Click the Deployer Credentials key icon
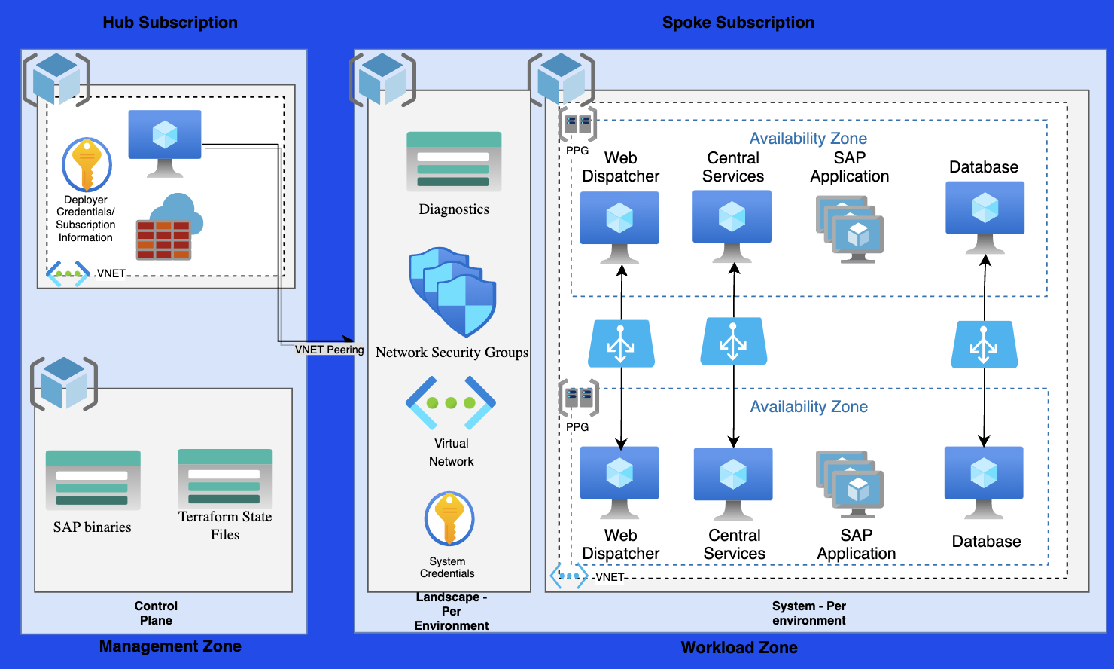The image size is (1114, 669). [87, 164]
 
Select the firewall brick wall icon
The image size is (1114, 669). [163, 240]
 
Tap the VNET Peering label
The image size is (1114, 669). [329, 350]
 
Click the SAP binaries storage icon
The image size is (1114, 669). [93, 481]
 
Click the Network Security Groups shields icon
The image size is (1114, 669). [452, 292]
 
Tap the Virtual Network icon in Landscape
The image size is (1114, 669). [451, 402]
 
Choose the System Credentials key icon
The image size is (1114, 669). [449, 518]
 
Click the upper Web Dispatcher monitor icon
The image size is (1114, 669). [619, 226]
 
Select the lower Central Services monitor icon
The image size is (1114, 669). [733, 483]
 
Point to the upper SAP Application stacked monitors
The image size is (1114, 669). [850, 228]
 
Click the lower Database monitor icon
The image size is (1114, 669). [984, 481]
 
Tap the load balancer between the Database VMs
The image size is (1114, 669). [984, 345]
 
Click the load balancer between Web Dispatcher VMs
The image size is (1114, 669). [621, 344]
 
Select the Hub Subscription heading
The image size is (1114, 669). [170, 23]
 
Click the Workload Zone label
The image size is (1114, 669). [738, 647]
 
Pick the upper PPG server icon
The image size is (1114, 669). [577, 125]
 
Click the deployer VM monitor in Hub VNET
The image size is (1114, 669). [165, 142]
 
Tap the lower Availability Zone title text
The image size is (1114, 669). [808, 407]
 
